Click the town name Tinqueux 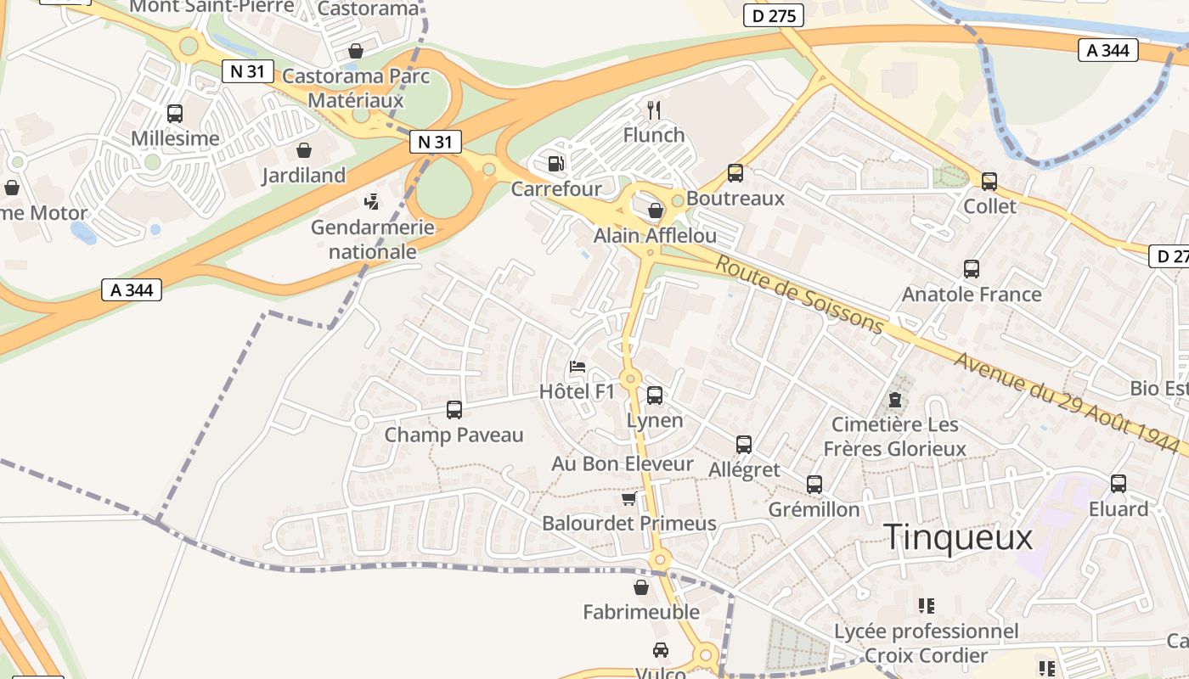click(958, 537)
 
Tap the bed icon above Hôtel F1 click(578, 368)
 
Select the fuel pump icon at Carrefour click(555, 163)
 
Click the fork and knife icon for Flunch click(653, 110)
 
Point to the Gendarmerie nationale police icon click(371, 202)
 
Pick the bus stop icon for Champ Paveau click(454, 410)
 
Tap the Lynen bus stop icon click(654, 395)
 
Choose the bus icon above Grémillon click(814, 485)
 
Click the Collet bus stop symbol click(989, 181)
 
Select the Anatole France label click(971, 295)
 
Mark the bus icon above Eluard click(1118, 484)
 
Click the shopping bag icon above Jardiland click(303, 150)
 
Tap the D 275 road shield click(773, 15)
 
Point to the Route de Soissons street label click(799, 294)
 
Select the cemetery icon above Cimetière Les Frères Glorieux click(893, 399)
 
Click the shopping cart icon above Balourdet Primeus click(628, 498)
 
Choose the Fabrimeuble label click(641, 612)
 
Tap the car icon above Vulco click(660, 650)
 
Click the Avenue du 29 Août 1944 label click(1069, 396)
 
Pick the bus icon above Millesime click(175, 113)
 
